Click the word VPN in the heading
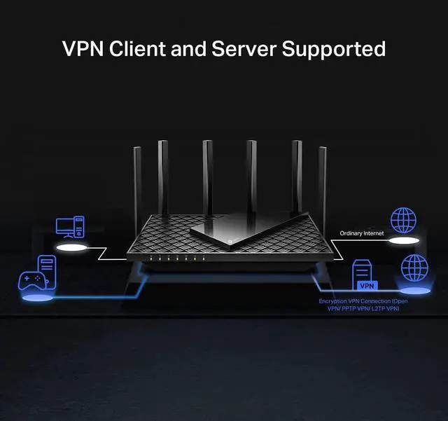click(x=83, y=48)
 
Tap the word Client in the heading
click(x=137, y=48)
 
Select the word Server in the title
click(x=244, y=48)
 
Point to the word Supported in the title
click(x=334, y=49)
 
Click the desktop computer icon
click(x=70, y=227)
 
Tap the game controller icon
click(x=32, y=281)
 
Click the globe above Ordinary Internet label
click(x=403, y=220)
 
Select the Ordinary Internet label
click(x=362, y=233)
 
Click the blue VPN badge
click(x=367, y=285)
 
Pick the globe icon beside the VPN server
click(x=414, y=268)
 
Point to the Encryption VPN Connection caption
click(x=363, y=305)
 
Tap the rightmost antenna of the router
click(x=323, y=183)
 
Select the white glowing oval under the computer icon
click(x=71, y=248)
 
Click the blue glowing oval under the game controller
click(x=37, y=298)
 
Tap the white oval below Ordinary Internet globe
click(x=404, y=240)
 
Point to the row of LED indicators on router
click(x=177, y=258)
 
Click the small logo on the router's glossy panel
click(x=230, y=241)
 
